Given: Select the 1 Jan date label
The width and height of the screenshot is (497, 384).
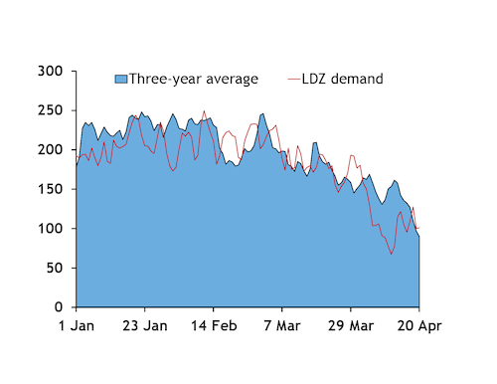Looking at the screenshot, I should (77, 325).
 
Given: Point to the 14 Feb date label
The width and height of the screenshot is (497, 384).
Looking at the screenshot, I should (215, 325).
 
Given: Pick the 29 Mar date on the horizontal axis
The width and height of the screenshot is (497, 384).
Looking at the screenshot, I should (350, 325).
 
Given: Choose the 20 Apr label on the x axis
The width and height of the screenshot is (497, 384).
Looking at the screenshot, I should (418, 325).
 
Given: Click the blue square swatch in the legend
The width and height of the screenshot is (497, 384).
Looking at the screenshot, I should (121, 79).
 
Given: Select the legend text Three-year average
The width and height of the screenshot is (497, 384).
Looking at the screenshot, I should (194, 79).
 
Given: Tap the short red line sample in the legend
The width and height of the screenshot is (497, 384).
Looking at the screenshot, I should (293, 79).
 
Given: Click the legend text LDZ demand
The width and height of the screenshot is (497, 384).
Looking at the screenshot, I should (343, 79).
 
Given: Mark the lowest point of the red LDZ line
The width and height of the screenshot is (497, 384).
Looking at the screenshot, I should (391, 254).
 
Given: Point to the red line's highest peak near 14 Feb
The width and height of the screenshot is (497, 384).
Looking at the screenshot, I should (205, 111).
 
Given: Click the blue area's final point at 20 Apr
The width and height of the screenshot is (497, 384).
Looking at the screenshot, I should (418, 236).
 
